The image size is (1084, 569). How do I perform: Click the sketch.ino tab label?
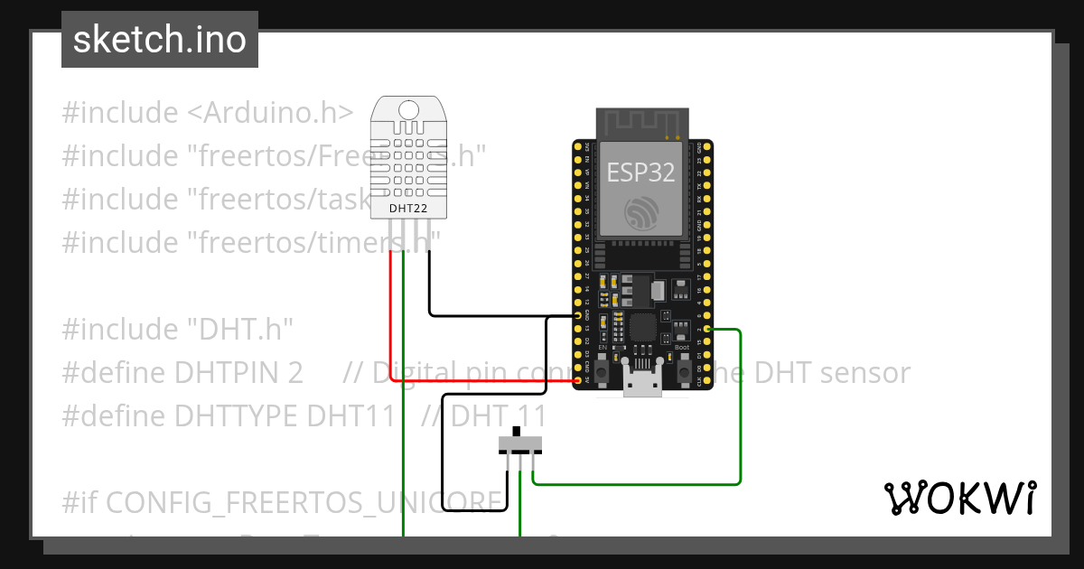tap(159, 40)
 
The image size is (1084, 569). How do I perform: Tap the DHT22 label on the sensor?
tap(408, 209)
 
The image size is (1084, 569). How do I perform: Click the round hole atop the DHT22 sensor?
tap(408, 110)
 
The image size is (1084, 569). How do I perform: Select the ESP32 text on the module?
tap(640, 173)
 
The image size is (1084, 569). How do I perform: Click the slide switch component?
tap(520, 443)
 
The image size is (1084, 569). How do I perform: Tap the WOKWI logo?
tap(959, 499)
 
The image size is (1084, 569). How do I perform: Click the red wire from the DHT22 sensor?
tap(390, 316)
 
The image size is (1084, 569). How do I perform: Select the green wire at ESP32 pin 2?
tap(740, 406)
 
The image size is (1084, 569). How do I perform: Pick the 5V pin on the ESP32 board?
tap(578, 381)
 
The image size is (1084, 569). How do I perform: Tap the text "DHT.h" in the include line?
tap(241, 330)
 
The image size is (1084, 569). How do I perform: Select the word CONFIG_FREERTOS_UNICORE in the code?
tap(307, 502)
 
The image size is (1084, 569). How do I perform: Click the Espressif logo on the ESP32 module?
tap(640, 212)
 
